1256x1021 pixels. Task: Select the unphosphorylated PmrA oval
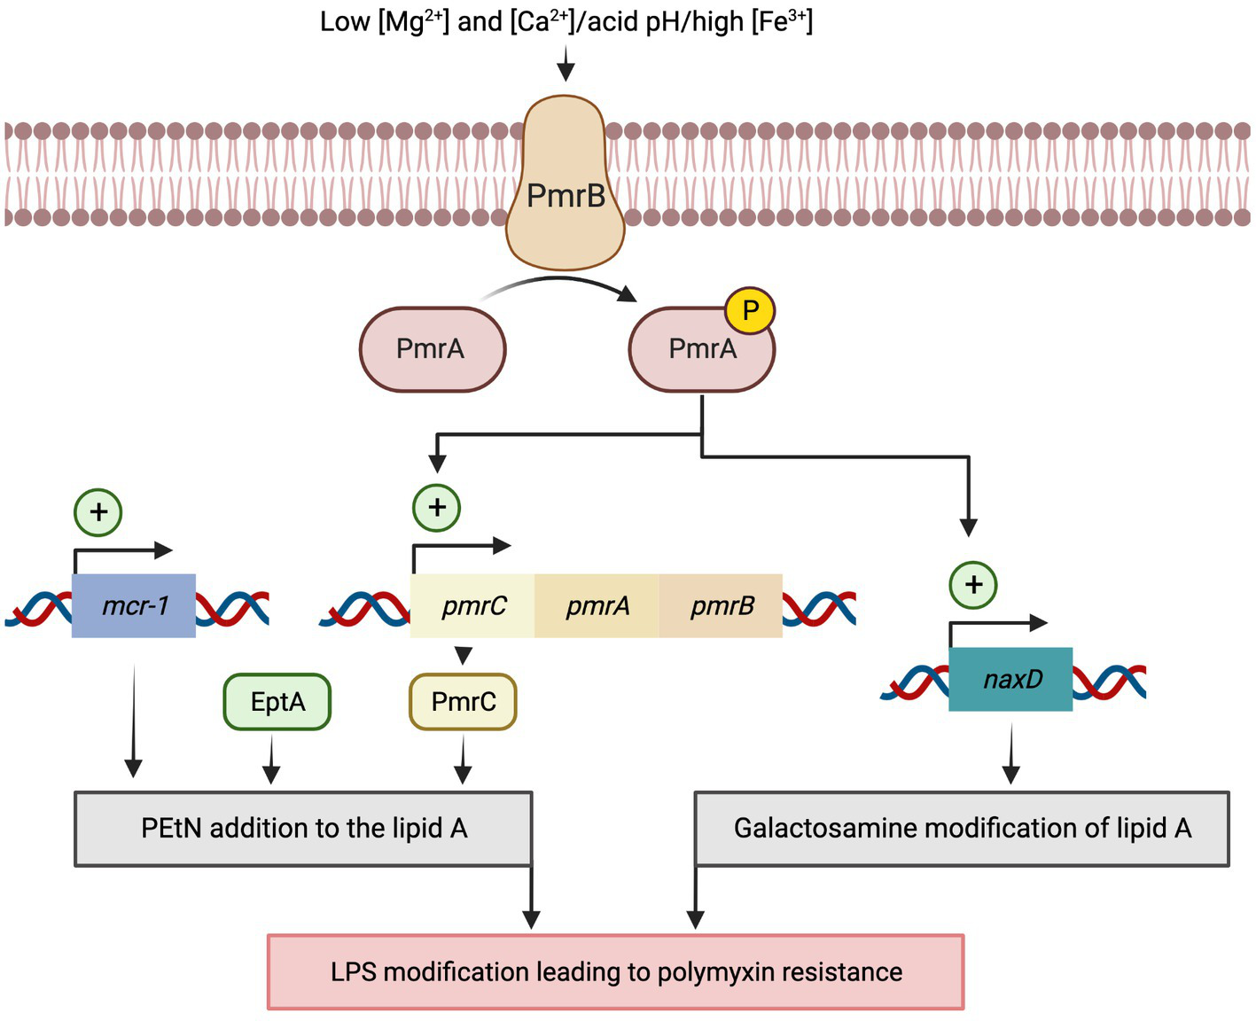tap(432, 349)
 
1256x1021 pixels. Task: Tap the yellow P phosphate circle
tap(750, 311)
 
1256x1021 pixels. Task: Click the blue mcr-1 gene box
tap(134, 606)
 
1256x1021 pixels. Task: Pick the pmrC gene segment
tap(473, 606)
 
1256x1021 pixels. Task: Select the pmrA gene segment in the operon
tap(597, 606)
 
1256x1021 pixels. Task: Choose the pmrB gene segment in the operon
tap(722, 606)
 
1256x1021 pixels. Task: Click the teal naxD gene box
tap(1011, 680)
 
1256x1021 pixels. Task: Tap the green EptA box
tap(277, 702)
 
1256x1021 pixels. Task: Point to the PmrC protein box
tap(463, 702)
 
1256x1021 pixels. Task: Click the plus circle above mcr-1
tap(98, 512)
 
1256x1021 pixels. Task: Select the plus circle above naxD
tap(973, 585)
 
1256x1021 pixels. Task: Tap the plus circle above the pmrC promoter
tap(436, 508)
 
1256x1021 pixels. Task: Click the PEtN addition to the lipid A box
tap(303, 829)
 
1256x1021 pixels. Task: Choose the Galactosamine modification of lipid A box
tap(962, 829)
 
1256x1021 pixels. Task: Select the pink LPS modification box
tap(616, 972)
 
